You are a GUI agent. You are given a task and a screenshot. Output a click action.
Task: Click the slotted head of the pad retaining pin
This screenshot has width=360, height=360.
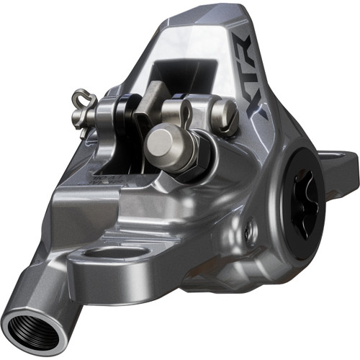pos(225,112)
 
